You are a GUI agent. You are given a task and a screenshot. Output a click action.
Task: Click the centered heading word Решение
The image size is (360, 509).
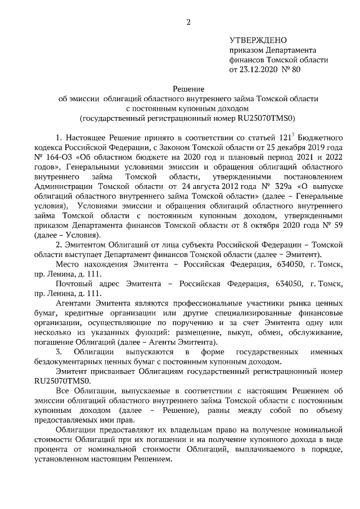coord(188,88)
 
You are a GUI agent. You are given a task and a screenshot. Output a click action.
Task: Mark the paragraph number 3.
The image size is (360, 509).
coord(59,352)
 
